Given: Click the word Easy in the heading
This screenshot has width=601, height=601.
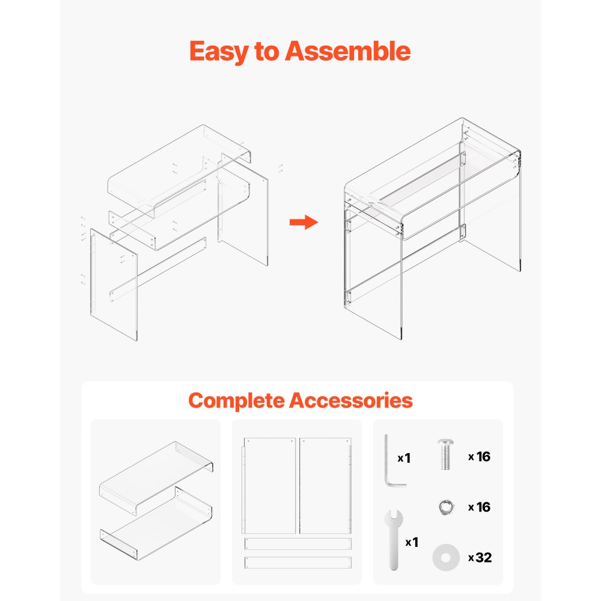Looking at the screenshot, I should tap(218, 52).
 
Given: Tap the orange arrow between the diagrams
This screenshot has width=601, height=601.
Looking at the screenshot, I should tap(303, 223).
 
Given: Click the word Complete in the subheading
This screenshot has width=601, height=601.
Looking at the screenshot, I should tap(236, 400).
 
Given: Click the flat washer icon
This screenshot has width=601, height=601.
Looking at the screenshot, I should tap(444, 558).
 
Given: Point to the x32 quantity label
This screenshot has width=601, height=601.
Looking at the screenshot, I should tap(480, 558).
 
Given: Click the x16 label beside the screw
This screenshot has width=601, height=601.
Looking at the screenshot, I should tap(480, 457).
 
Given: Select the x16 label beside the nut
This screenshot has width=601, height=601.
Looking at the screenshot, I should tap(480, 507).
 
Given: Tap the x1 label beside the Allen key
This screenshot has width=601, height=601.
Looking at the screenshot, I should tap(404, 458).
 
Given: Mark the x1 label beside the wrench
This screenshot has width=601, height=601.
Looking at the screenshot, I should tap(412, 543).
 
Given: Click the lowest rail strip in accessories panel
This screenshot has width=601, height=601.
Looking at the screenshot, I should tap(297, 563).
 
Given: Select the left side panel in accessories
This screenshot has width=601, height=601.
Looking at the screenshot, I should tap(270, 486).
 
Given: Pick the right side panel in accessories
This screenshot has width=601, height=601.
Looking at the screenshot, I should tap(325, 486).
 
